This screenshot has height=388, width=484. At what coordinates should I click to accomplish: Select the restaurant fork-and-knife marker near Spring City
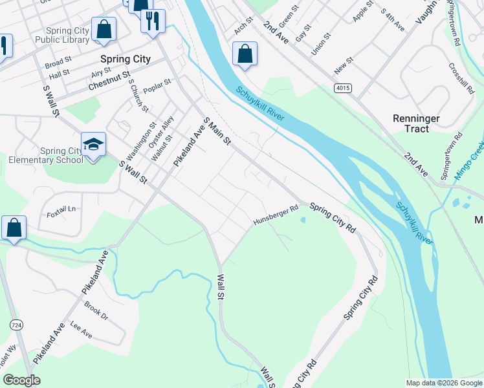click(x=153, y=21)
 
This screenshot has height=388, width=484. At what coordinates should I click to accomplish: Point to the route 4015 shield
click(x=343, y=87)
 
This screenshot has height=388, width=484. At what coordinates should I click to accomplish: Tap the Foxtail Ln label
click(x=62, y=209)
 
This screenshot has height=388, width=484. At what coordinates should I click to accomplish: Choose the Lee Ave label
click(x=82, y=331)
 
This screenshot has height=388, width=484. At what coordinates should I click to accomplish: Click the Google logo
click(x=22, y=380)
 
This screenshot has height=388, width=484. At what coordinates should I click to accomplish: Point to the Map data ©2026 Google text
click(x=443, y=383)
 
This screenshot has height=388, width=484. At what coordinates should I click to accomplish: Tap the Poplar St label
click(x=157, y=86)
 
